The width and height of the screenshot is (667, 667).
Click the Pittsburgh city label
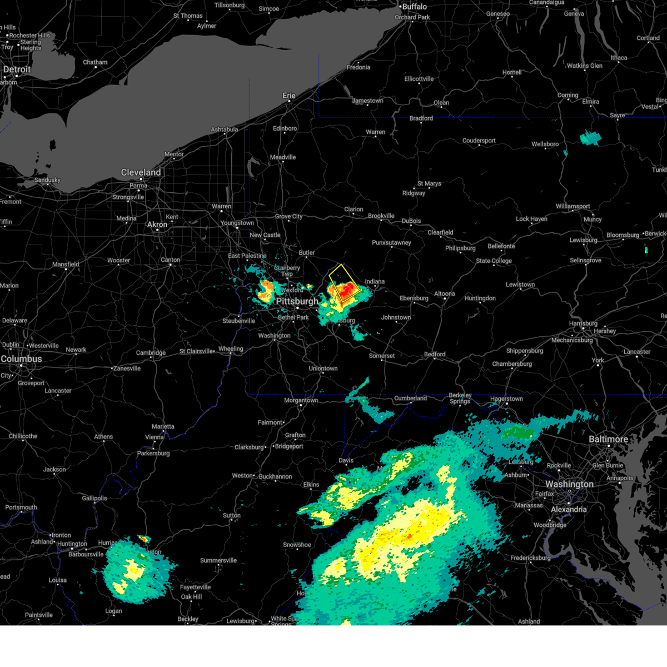click(x=297, y=301)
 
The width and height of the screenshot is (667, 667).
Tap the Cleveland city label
click(x=141, y=173)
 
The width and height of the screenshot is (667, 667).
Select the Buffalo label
click(x=415, y=7)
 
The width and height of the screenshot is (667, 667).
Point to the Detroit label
click(x=17, y=70)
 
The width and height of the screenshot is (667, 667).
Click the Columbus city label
click(x=21, y=359)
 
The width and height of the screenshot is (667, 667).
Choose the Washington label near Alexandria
click(x=569, y=485)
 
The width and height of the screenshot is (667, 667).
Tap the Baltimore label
click(x=608, y=440)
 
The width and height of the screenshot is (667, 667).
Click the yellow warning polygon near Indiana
click(x=345, y=283)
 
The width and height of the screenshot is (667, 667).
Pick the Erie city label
click(x=289, y=96)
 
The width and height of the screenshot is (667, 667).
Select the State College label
click(x=494, y=261)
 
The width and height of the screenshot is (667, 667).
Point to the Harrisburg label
click(x=583, y=323)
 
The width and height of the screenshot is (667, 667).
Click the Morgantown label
click(x=301, y=400)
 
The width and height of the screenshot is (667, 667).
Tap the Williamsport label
click(x=573, y=206)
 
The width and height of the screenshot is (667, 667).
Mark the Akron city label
click(x=157, y=225)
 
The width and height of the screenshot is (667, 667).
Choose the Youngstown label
click(x=237, y=223)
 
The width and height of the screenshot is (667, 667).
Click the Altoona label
click(x=444, y=293)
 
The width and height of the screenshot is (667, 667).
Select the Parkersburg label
click(x=153, y=453)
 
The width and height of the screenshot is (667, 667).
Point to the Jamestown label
click(x=367, y=101)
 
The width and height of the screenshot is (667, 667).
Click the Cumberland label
click(x=410, y=398)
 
